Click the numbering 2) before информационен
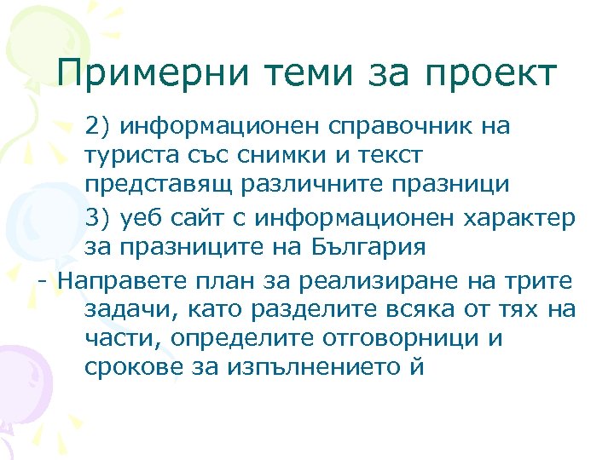pyautogui.click(x=98, y=127)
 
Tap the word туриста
pyautogui.click(x=128, y=157)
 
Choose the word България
pyautogui.click(x=359, y=248)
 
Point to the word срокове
pyautogui.click(x=129, y=369)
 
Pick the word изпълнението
pyautogui.click(x=305, y=369)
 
